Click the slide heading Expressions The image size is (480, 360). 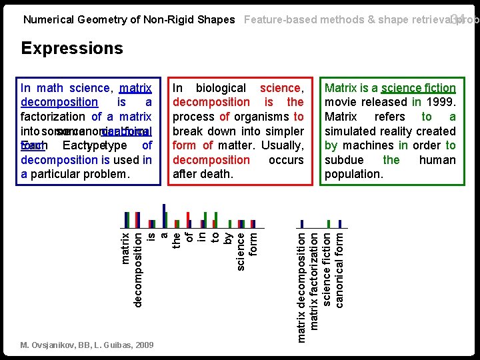(72, 48)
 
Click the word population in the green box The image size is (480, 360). (354, 174)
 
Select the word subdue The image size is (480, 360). (342, 160)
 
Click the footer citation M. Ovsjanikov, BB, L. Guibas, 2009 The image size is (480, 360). (87, 345)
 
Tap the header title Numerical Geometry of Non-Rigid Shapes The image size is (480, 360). (129, 19)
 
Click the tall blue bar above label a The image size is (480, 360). (164, 215)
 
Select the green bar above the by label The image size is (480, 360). (230, 224)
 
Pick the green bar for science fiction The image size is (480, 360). (328, 224)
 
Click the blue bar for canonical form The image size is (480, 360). (340, 224)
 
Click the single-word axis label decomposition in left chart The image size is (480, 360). (138, 269)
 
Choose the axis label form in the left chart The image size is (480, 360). (253, 243)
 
